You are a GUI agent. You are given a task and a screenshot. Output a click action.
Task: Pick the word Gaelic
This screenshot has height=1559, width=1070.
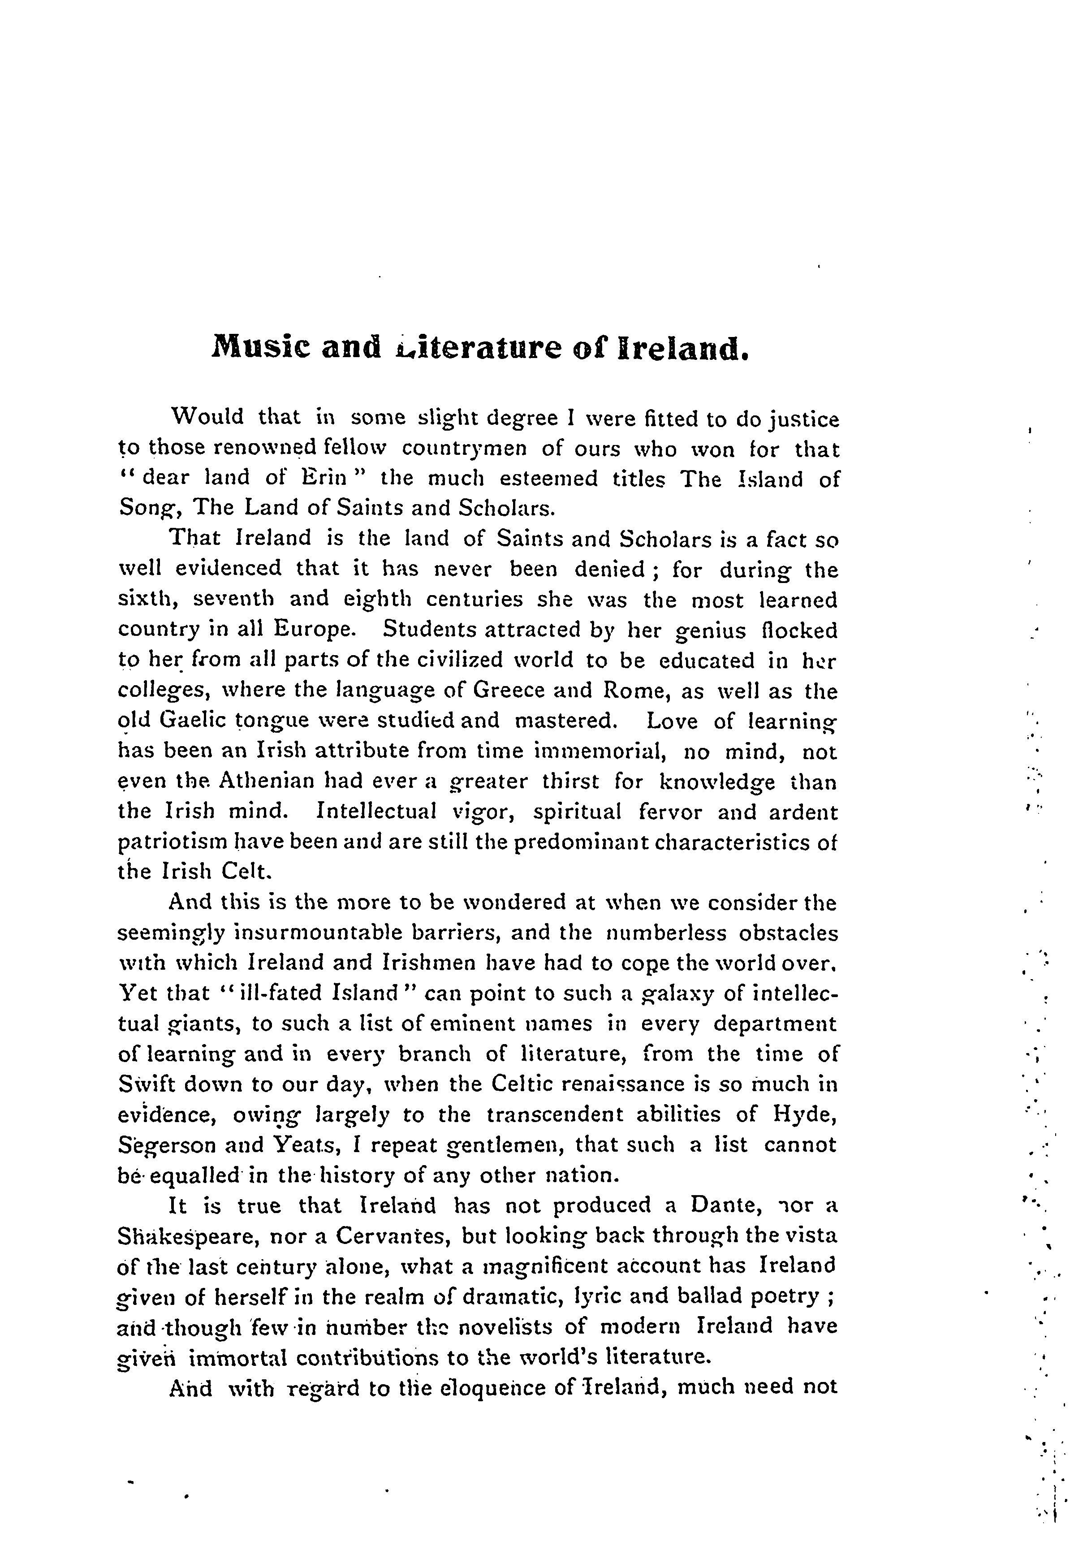point(193,721)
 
